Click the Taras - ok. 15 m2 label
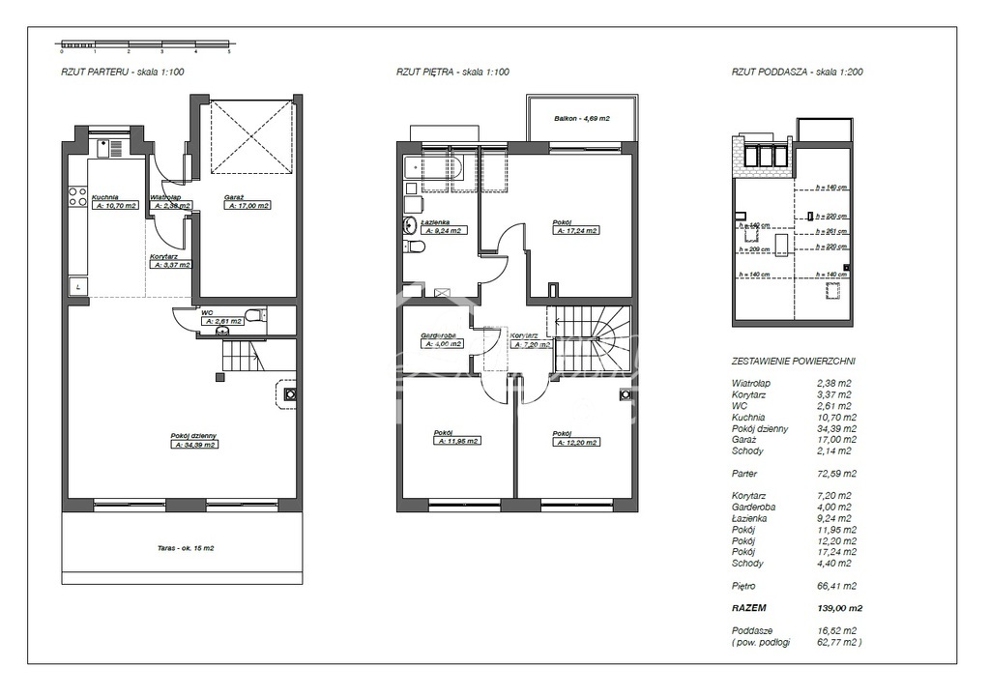(183, 548)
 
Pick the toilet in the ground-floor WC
(253, 315)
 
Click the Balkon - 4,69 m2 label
(582, 119)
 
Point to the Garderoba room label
(440, 336)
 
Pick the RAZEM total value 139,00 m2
(838, 609)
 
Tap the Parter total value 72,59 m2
(836, 474)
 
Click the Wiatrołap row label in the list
(751, 383)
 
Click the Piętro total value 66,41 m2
(836, 586)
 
